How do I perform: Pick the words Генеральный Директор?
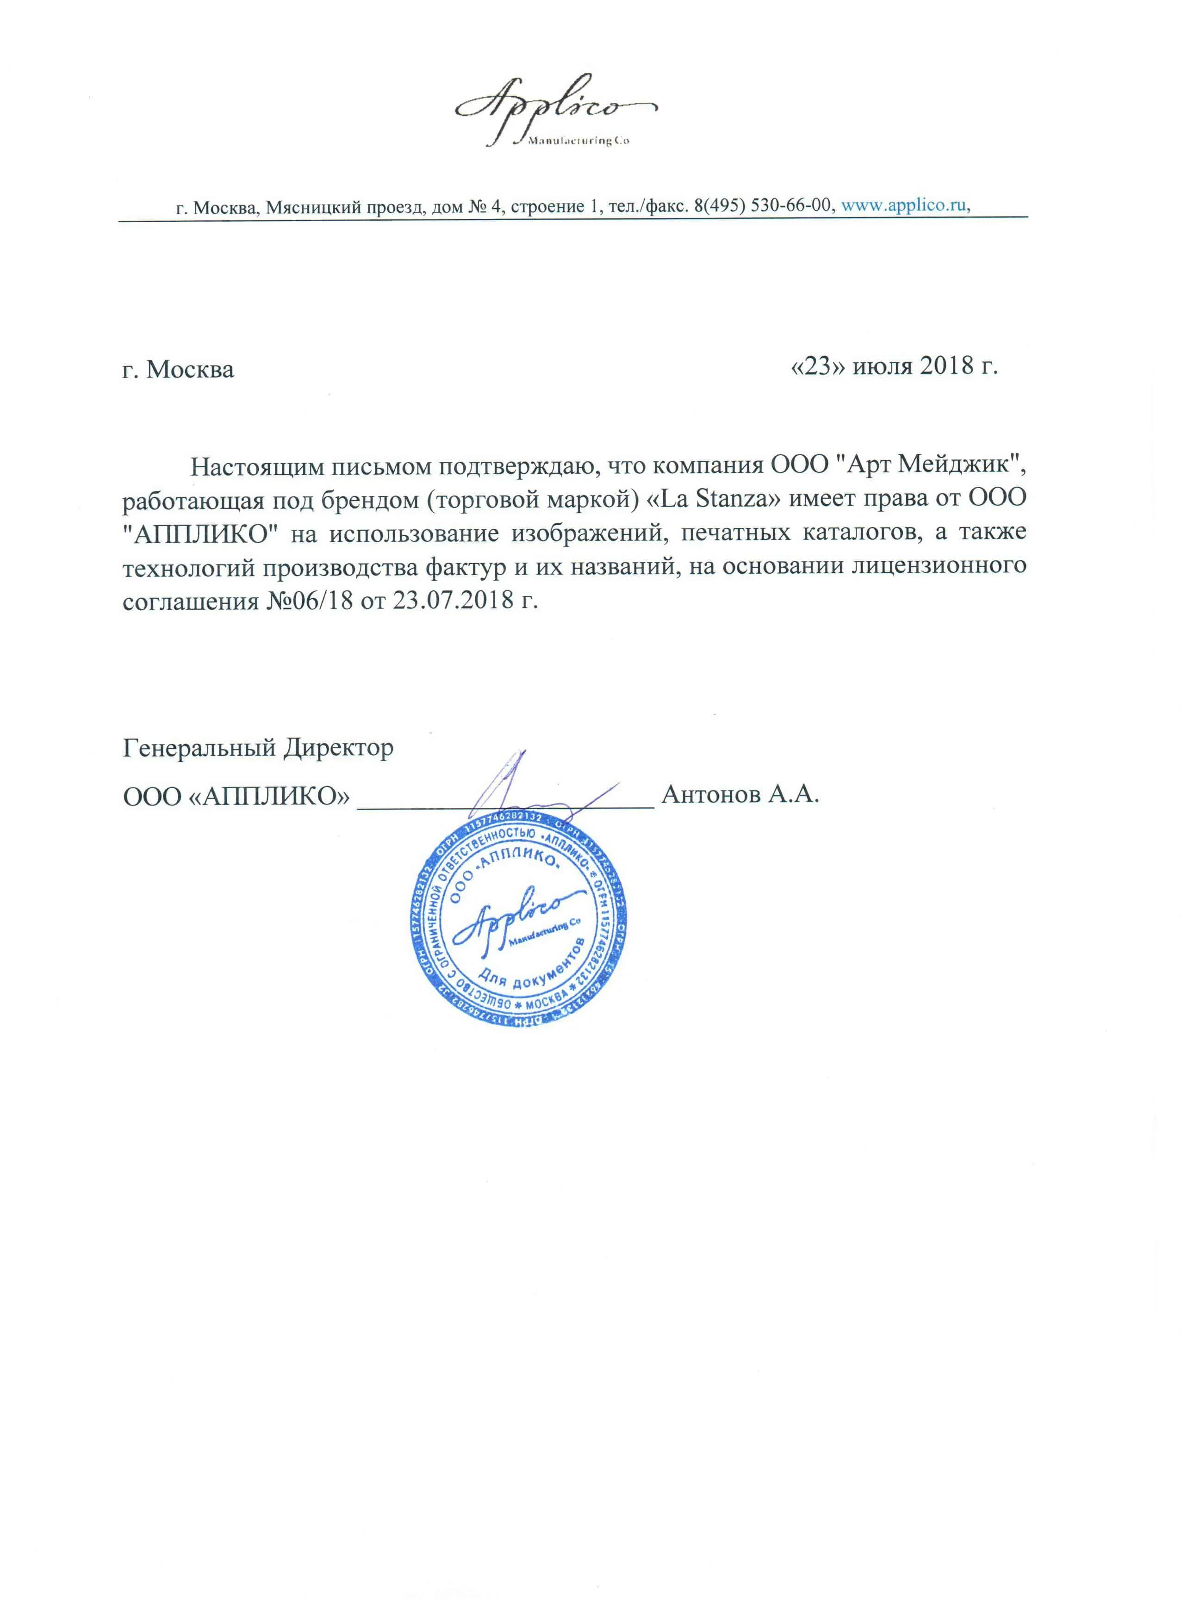(x=258, y=748)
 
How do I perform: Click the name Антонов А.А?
(x=740, y=795)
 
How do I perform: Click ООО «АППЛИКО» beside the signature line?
(x=236, y=796)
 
